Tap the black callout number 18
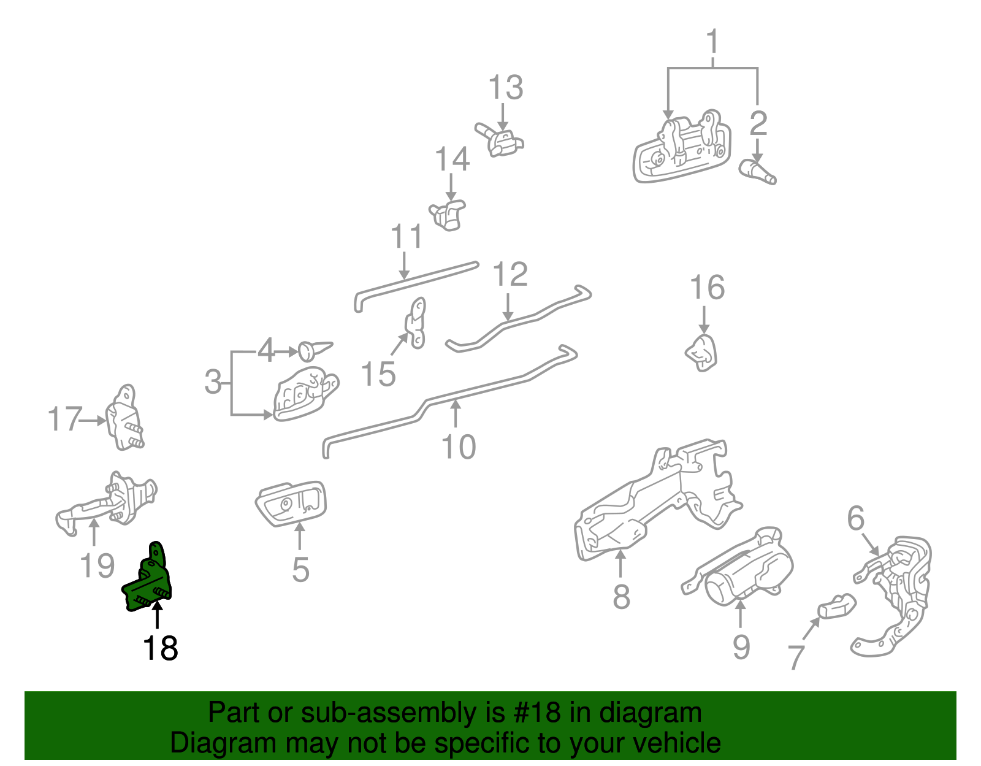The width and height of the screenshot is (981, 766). coord(159,648)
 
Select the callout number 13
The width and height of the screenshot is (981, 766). coord(505,88)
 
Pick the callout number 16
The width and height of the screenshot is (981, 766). coord(707,288)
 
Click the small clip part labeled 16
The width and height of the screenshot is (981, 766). coord(703,353)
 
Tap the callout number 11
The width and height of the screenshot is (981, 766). coord(407,237)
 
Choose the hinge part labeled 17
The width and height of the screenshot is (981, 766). coord(125,419)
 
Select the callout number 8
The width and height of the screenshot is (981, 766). coord(620,596)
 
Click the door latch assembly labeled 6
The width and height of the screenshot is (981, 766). coord(898,589)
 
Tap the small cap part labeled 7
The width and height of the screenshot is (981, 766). coord(837,607)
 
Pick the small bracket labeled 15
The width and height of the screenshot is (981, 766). coord(416,324)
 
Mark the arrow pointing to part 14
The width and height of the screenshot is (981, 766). coord(451,187)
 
